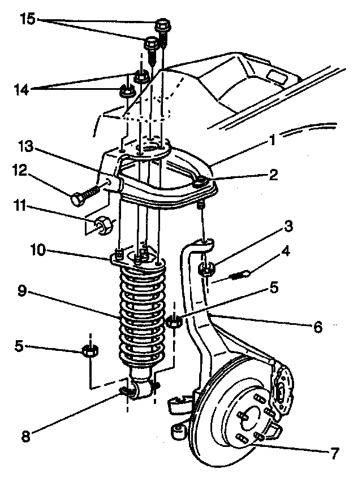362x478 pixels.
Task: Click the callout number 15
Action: [x=27, y=19]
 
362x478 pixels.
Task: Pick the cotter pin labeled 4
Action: [x=240, y=276]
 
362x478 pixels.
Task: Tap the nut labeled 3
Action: [x=208, y=270]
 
